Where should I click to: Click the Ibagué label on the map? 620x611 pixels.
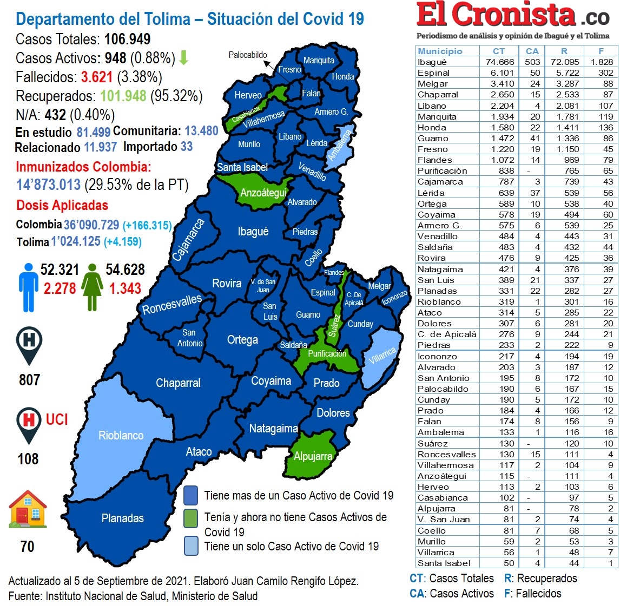coord(253,232)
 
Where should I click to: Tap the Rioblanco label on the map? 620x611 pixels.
coord(121,436)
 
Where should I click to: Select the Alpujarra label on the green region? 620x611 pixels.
coord(313,456)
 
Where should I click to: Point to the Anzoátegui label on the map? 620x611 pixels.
coord(263,193)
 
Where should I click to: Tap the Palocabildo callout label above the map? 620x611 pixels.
coord(248,55)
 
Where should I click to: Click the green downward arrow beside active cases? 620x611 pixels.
coord(183,57)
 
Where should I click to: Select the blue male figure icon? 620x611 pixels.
coord(28,287)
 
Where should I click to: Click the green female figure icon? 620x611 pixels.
coord(93,287)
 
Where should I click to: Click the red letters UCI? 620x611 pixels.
coord(57,420)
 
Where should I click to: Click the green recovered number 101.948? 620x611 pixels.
coord(123,96)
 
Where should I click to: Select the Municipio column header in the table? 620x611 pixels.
coord(440,51)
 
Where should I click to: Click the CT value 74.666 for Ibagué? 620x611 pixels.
coord(499,62)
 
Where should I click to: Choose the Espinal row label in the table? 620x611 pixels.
coord(433,73)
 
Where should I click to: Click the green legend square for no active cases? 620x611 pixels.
coord(190,518)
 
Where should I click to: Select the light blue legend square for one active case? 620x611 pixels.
coord(190,546)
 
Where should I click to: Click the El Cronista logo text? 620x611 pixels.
coord(496,15)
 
